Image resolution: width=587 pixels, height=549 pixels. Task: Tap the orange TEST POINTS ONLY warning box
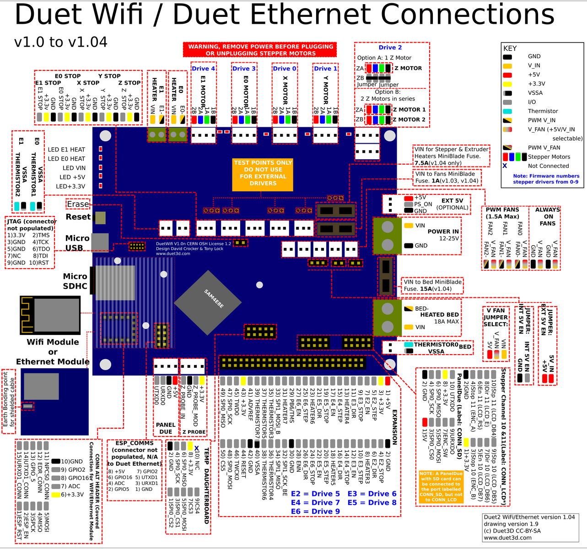pyautogui.click(x=263, y=173)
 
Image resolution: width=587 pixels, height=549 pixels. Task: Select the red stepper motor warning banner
pyautogui.click(x=260, y=50)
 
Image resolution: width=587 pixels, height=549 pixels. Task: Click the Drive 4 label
pyautogui.click(x=203, y=69)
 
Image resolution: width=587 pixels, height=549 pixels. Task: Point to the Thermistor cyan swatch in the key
pyautogui.click(x=507, y=111)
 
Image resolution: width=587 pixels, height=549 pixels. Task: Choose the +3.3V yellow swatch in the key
pyautogui.click(x=507, y=84)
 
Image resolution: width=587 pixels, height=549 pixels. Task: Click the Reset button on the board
pyautogui.click(x=100, y=217)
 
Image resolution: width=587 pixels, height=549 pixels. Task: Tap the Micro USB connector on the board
pyautogui.click(x=100, y=242)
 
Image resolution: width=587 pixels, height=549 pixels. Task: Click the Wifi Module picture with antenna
pyautogui.click(x=50, y=315)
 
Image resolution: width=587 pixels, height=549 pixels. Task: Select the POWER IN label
pyautogui.click(x=442, y=231)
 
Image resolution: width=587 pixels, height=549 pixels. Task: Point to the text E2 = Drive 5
pyautogui.click(x=315, y=494)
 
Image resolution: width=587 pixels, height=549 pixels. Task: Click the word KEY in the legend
pyautogui.click(x=510, y=48)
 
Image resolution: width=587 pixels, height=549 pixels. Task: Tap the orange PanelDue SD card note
pyautogui.click(x=441, y=487)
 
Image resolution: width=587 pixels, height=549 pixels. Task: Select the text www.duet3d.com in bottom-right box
pyautogui.click(x=507, y=538)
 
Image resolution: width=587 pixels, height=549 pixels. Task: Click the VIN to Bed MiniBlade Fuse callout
pyautogui.click(x=432, y=285)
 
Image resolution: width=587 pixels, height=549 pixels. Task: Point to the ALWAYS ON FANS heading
pyautogui.click(x=548, y=216)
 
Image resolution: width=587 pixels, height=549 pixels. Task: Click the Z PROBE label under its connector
pyautogui.click(x=194, y=432)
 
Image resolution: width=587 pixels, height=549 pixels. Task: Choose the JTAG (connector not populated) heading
pyautogui.click(x=31, y=225)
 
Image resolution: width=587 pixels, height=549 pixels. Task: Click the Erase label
pyautogui.click(x=78, y=204)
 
